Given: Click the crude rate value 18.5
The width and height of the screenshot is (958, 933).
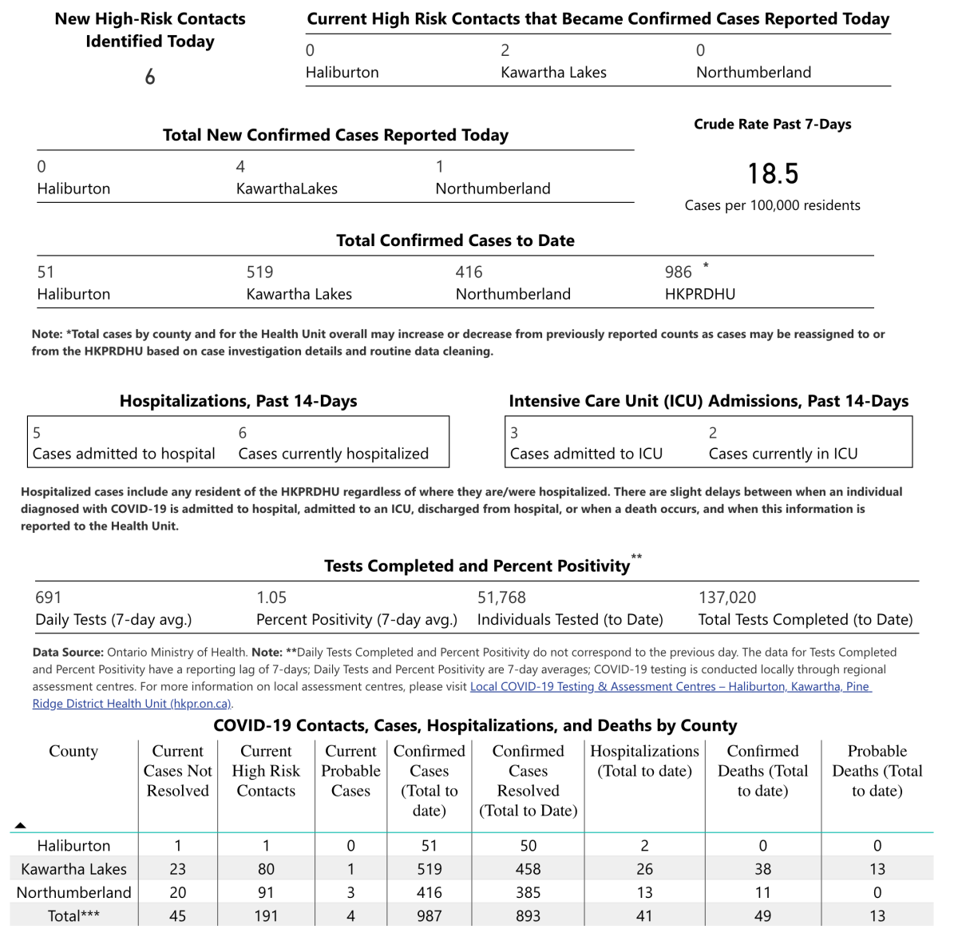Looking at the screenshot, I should tap(773, 173).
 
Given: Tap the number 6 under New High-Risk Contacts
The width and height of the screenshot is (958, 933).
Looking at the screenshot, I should tap(150, 77).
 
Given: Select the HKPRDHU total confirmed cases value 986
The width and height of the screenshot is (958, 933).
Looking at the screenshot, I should tap(679, 272).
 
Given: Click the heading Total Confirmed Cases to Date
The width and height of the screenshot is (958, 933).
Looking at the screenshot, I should tap(455, 240).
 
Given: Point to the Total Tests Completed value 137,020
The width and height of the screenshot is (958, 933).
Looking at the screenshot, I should tap(727, 598).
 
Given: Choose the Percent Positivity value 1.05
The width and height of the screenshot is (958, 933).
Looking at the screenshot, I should tap(271, 598).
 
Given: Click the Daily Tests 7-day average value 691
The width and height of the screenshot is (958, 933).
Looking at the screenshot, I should tap(49, 598).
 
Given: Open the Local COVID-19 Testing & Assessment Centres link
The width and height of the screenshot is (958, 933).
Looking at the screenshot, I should tap(671, 687).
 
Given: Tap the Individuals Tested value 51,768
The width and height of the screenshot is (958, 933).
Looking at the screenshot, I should tap(501, 598).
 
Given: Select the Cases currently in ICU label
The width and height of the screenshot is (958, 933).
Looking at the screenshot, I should tap(783, 454).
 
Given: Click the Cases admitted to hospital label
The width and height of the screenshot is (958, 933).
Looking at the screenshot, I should tap(124, 454).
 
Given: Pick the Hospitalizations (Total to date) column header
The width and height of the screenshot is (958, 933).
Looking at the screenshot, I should tap(644, 761).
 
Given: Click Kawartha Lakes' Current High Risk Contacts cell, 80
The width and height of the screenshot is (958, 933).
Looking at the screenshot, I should tap(266, 869).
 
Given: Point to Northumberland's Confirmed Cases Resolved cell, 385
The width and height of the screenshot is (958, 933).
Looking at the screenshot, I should tap(528, 892).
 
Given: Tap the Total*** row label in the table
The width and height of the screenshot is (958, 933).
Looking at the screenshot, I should tap(73, 916).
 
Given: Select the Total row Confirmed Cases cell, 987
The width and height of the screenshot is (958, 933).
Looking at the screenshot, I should tap(429, 916).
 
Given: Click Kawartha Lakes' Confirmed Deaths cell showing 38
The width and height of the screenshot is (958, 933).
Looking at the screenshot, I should tap(762, 869).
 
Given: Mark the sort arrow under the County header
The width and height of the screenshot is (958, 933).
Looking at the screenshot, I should tap(21, 825).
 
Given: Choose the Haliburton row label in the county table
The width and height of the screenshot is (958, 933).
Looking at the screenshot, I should tap(73, 846).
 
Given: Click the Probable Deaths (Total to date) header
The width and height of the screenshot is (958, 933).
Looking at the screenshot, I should tap(877, 771).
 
